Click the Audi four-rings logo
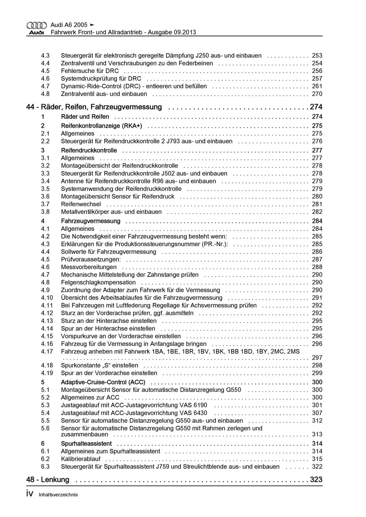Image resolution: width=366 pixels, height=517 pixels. tap(36, 25)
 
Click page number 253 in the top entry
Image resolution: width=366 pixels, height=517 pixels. tap(317, 56)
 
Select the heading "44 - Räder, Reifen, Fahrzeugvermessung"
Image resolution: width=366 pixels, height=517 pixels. tap(94, 107)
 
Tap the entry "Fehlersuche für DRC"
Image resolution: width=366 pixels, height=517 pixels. tap(90, 71)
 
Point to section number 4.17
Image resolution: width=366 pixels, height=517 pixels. tap(47, 352)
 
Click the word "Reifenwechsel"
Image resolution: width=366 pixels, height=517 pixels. tap(81, 204)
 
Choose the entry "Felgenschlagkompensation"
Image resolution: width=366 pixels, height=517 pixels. tap(98, 282)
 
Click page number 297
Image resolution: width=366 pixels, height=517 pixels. tap(317, 358)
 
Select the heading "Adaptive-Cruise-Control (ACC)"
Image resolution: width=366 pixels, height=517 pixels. tap(103, 382)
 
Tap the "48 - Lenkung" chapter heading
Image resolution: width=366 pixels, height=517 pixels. tap(48, 480)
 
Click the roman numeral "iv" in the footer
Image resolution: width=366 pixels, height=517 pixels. tap(30, 494)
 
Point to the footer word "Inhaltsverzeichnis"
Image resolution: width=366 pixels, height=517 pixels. tap(58, 495)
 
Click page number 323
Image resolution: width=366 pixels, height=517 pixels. tap(316, 480)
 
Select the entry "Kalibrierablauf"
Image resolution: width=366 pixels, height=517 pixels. tap(81, 459)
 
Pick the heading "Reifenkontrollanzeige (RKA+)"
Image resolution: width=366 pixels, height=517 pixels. tap(101, 126)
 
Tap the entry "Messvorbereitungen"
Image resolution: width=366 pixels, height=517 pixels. tap(89, 267)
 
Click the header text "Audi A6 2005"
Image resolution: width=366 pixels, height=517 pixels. tap(69, 25)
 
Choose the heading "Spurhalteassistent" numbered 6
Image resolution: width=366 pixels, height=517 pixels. tap(86, 444)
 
